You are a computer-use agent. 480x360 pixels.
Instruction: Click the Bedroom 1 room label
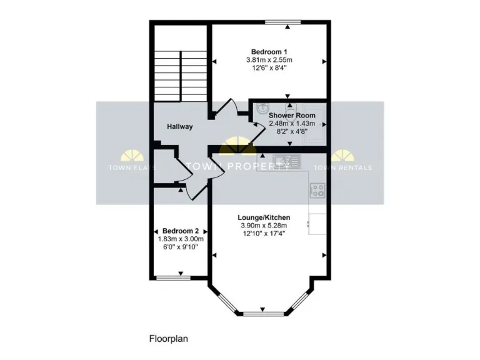coord(269,51)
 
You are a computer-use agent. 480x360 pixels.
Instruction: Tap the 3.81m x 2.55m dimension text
coord(269,60)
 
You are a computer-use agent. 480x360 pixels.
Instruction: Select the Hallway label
coord(179,127)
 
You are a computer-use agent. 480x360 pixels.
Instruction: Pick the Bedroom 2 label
coord(181,231)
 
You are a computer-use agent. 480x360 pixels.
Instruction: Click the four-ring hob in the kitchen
coord(317,189)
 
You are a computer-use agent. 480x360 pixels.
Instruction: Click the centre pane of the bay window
coord(262,313)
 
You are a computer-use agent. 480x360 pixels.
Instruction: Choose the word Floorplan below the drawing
coord(169,339)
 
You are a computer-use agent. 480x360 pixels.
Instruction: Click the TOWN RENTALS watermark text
coord(342,167)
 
